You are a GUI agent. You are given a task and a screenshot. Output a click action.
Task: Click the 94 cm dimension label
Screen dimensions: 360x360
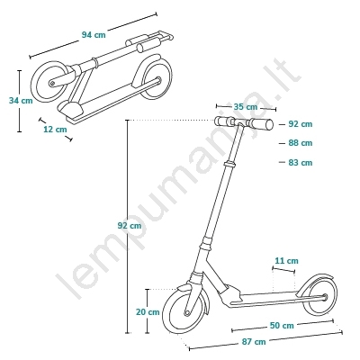[94, 35]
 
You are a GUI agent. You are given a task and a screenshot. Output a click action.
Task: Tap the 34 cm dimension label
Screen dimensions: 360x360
[21, 101]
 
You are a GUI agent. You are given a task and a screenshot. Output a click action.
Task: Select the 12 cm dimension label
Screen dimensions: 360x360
[55, 130]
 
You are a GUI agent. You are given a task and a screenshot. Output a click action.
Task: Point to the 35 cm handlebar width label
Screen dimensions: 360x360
[246, 106]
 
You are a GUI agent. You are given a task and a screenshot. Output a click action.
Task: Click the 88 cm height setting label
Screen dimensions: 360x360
[301, 143]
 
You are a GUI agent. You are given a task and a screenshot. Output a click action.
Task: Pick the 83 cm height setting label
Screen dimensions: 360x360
[301, 163]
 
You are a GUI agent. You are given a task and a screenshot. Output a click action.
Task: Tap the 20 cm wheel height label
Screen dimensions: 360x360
[148, 312]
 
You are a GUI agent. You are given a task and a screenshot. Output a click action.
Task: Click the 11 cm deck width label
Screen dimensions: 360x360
[287, 261]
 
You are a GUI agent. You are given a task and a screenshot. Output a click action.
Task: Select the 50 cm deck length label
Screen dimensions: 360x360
[282, 325]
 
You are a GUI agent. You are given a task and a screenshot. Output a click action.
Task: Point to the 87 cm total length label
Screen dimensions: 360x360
[254, 341]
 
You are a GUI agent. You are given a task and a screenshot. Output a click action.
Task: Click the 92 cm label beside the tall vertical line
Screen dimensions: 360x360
[130, 225]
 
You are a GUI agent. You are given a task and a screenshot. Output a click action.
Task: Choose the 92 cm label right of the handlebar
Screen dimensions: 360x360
[301, 123]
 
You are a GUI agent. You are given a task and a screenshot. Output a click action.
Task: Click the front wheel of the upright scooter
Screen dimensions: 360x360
[186, 312]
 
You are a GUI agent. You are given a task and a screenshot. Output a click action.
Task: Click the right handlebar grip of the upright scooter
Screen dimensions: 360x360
[261, 123]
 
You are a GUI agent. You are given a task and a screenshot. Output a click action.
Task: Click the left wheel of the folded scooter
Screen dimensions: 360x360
[49, 82]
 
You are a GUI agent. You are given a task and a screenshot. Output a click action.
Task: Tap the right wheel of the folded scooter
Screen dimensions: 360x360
[153, 77]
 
